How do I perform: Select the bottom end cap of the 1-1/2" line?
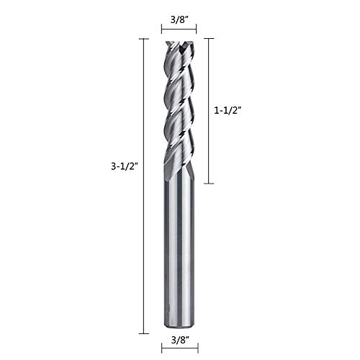tap(209, 184)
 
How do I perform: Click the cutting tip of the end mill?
tap(179, 45)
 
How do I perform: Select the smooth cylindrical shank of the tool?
tap(179, 252)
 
